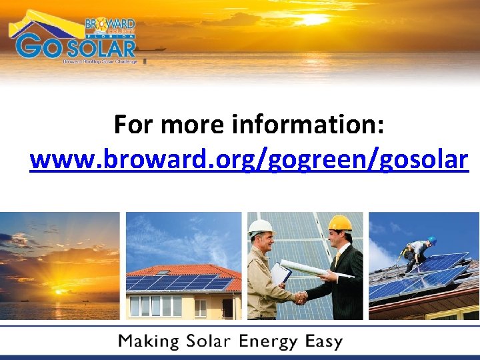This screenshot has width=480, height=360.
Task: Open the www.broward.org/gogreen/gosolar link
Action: coord(249,161)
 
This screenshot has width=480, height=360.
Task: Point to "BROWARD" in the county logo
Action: coord(110,25)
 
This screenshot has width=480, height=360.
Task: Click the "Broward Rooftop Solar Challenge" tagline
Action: coord(100,61)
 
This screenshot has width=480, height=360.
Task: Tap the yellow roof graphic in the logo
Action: coord(40,24)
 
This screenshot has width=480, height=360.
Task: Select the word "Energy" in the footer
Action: coord(269,343)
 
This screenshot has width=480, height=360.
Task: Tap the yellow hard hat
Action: coord(340,223)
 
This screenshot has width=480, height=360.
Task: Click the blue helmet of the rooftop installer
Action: coord(432,240)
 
